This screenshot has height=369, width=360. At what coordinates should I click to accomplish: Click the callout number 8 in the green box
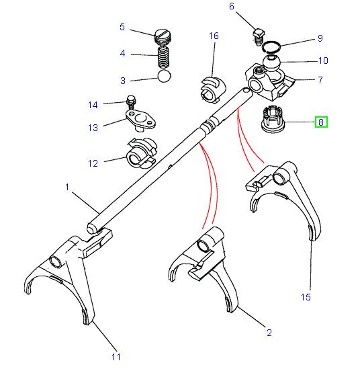tap(321, 122)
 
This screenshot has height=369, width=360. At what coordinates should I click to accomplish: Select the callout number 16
tap(214, 36)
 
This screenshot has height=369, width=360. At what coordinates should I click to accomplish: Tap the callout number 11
tap(115, 356)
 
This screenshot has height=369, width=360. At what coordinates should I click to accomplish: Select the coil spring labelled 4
tap(163, 54)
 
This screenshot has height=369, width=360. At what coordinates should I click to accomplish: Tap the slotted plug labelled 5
tap(163, 34)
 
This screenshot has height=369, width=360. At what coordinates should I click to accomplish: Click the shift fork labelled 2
tap(202, 265)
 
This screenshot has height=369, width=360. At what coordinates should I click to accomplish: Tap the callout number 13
tap(93, 127)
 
